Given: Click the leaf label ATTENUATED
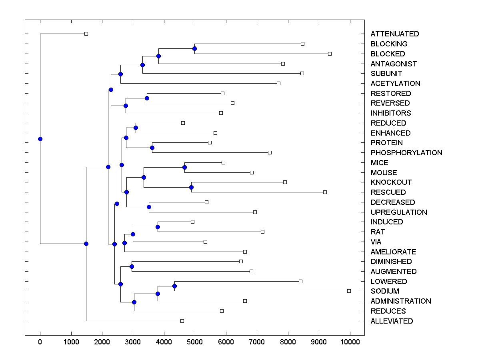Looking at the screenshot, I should click(x=395, y=34).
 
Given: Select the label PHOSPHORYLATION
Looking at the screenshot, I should click(x=406, y=153).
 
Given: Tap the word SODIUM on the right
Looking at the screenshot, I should click(x=385, y=291).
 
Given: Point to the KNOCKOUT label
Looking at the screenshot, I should click(x=391, y=182).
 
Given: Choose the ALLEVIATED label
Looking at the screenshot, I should click(x=392, y=321).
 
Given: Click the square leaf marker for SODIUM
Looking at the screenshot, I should click(x=349, y=291).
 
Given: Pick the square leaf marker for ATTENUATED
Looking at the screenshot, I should click(x=86, y=34).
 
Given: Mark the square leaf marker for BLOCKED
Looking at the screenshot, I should click(x=330, y=54).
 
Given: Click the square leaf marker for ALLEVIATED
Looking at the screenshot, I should click(x=182, y=321).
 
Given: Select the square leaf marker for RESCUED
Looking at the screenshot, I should click(x=325, y=192).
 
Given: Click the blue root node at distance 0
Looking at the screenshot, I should click(x=40, y=139).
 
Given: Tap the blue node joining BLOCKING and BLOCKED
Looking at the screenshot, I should click(x=195, y=48).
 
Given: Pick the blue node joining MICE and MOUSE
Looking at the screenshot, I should click(x=184, y=167).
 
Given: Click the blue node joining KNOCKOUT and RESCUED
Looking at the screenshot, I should click(x=191, y=187).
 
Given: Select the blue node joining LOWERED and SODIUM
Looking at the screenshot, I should click(x=174, y=286).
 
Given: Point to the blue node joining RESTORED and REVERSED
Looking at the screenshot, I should click(x=147, y=98).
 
